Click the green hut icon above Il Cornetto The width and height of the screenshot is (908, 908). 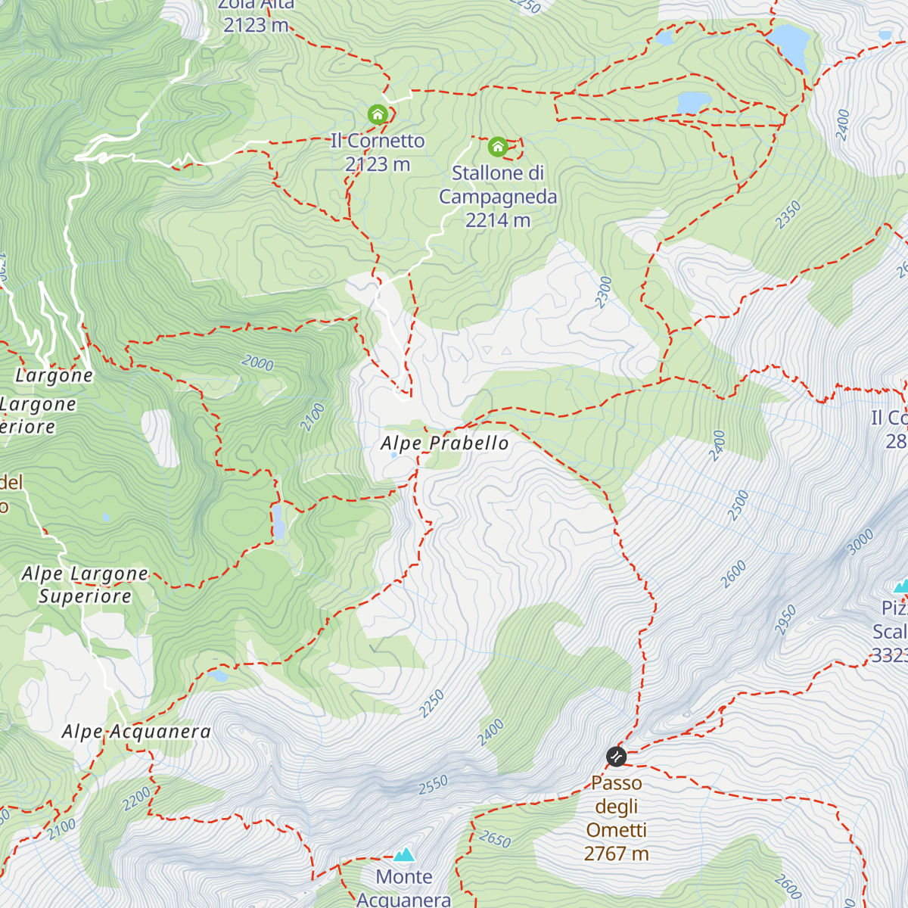(378, 115)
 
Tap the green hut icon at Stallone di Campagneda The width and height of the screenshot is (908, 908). (497, 146)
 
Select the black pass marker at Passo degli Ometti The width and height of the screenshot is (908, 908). (617, 756)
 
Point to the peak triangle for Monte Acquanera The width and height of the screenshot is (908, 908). (404, 855)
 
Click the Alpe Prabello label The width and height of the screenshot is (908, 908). (444, 443)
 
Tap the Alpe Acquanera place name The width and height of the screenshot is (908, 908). (136, 732)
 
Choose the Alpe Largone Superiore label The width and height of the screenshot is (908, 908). (85, 585)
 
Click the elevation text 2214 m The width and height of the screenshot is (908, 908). (497, 220)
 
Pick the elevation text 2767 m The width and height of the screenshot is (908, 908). (616, 854)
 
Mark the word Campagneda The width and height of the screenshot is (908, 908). (498, 197)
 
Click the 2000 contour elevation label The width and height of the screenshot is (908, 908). (257, 363)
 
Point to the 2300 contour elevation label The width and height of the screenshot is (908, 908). (603, 292)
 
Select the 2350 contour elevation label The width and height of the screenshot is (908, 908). (788, 215)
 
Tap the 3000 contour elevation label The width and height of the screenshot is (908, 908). (860, 542)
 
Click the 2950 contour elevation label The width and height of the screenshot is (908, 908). (785, 620)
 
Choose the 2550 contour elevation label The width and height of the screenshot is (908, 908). (433, 785)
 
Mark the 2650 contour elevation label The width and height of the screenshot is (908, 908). (495, 838)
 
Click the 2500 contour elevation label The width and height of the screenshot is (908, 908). (738, 505)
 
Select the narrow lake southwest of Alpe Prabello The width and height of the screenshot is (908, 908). (278, 522)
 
